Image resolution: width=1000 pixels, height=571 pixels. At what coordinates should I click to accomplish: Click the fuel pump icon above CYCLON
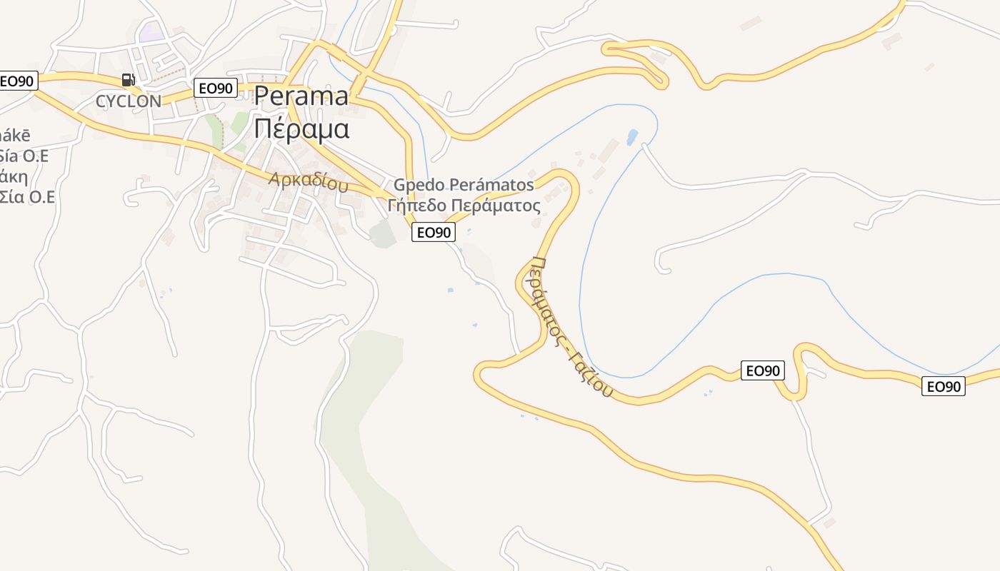tap(129, 80)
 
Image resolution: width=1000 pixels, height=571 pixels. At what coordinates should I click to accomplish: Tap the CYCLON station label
tap(129, 101)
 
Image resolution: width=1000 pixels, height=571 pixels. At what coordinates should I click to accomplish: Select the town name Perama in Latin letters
tap(301, 96)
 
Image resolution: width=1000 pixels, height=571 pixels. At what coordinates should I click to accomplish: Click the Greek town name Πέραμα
tap(301, 129)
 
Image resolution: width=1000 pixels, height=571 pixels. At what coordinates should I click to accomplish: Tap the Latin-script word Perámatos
tap(494, 186)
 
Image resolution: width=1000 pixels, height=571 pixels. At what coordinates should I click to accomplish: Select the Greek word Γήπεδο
tap(419, 206)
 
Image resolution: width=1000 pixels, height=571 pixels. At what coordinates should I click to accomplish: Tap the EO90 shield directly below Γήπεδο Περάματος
tap(434, 232)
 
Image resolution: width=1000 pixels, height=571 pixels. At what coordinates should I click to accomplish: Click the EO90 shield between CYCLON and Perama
tap(216, 89)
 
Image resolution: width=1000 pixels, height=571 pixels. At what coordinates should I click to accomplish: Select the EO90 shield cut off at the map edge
tap(17, 81)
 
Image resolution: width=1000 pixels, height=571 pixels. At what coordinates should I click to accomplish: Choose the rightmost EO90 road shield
tap(944, 387)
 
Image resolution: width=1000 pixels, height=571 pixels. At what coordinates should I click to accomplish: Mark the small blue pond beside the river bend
tap(631, 136)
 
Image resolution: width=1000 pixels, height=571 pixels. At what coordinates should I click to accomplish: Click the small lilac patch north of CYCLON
tap(151, 32)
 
